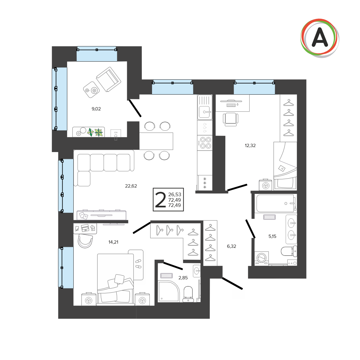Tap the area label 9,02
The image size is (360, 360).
(x=96, y=109)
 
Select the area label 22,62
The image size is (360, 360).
(x=131, y=186)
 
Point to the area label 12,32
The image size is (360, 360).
(x=250, y=145)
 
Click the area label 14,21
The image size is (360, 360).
(x=113, y=242)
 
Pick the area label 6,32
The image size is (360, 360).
(x=231, y=246)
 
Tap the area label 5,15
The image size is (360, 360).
(x=272, y=236)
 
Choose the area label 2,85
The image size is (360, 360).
(x=183, y=278)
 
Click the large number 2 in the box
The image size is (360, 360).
(x=160, y=200)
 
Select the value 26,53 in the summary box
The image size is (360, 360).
(x=174, y=195)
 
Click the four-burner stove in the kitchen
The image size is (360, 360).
(x=205, y=143)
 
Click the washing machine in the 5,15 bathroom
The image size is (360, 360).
(x=262, y=259)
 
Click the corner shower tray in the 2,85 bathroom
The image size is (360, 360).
(x=169, y=291)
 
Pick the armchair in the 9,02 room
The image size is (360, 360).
(x=109, y=79)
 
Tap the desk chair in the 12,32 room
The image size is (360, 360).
(x=230, y=119)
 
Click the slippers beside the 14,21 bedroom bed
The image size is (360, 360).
(x=138, y=264)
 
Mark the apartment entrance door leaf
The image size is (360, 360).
(x=232, y=283)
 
